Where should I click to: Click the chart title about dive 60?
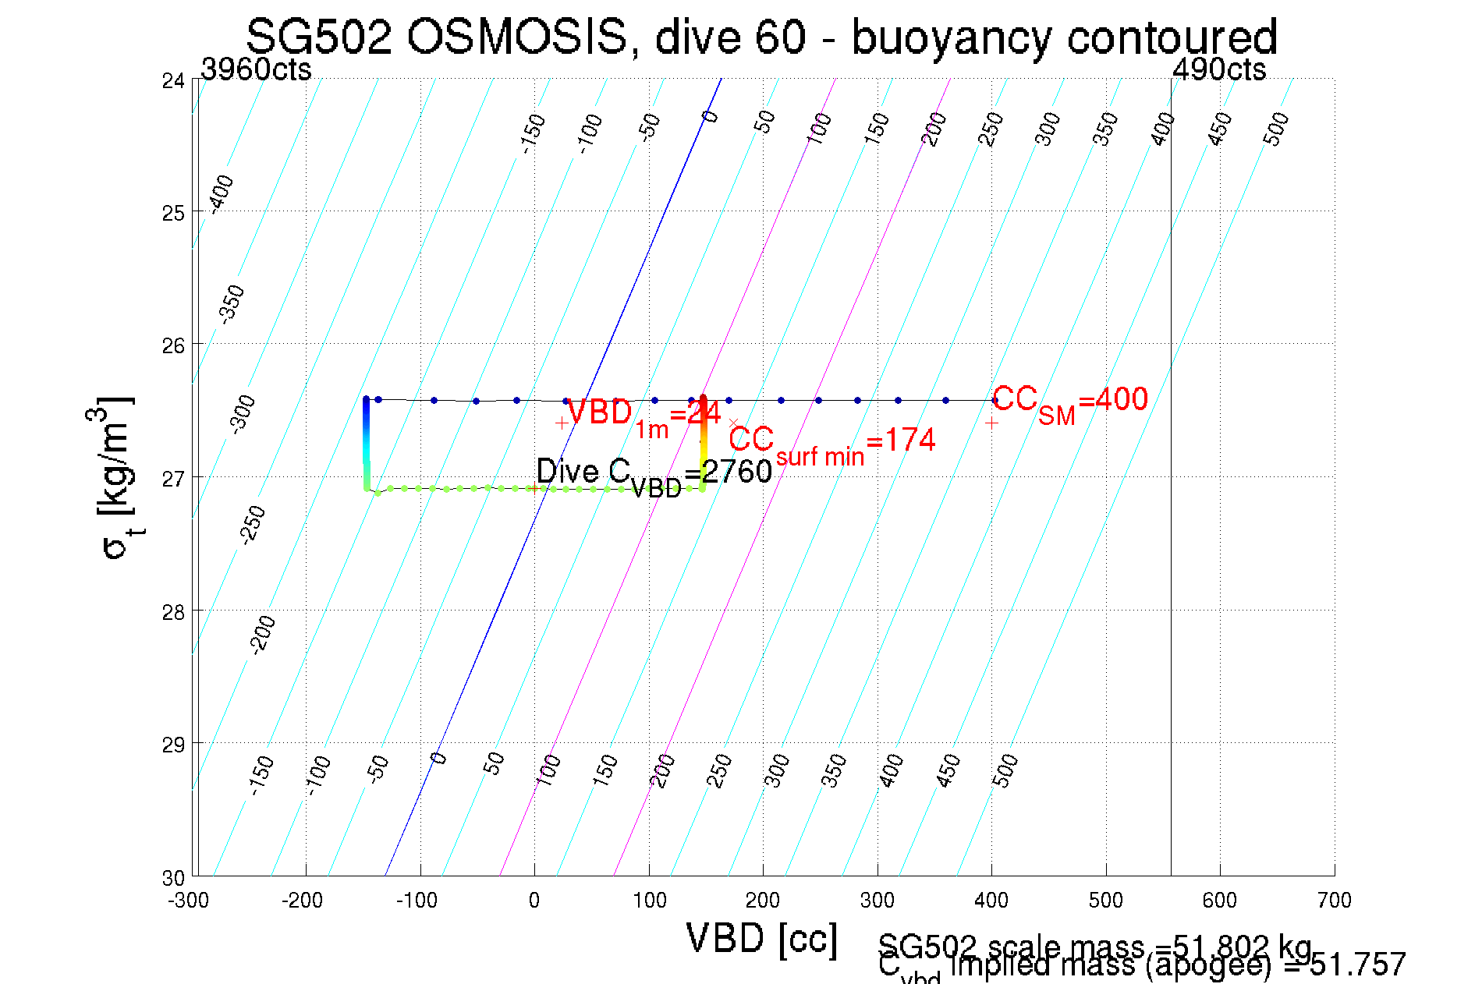point(761,37)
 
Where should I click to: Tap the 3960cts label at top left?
point(256,69)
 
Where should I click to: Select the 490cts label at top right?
point(1219,69)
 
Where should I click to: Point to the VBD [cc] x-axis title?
point(761,938)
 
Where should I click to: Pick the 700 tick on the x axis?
point(1334,901)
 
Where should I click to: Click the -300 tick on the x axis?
point(189,901)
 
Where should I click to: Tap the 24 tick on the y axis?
point(173,80)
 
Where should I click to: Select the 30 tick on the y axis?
point(173,878)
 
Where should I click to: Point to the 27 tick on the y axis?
point(173,478)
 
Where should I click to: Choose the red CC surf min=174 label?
point(831,443)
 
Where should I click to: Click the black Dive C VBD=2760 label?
point(654,474)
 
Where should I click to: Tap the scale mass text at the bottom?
point(1094,947)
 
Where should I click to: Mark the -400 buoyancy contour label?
point(222,193)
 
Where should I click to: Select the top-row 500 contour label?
point(1276,129)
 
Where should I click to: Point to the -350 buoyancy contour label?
point(232,304)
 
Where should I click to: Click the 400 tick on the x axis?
point(991,901)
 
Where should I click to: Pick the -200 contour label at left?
point(262,634)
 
